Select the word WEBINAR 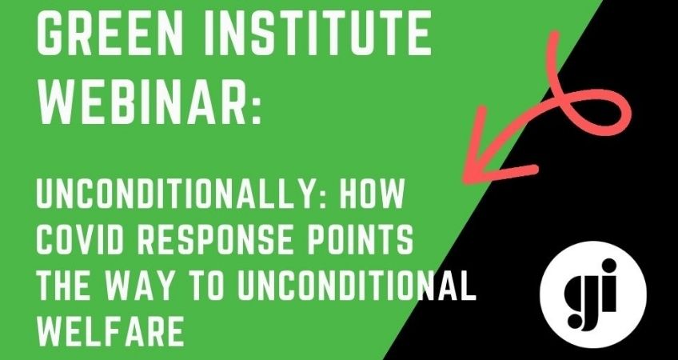(x=143, y=103)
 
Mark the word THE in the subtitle (x=63, y=286)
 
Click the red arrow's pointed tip (x=465, y=182)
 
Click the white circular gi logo (x=593, y=294)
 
